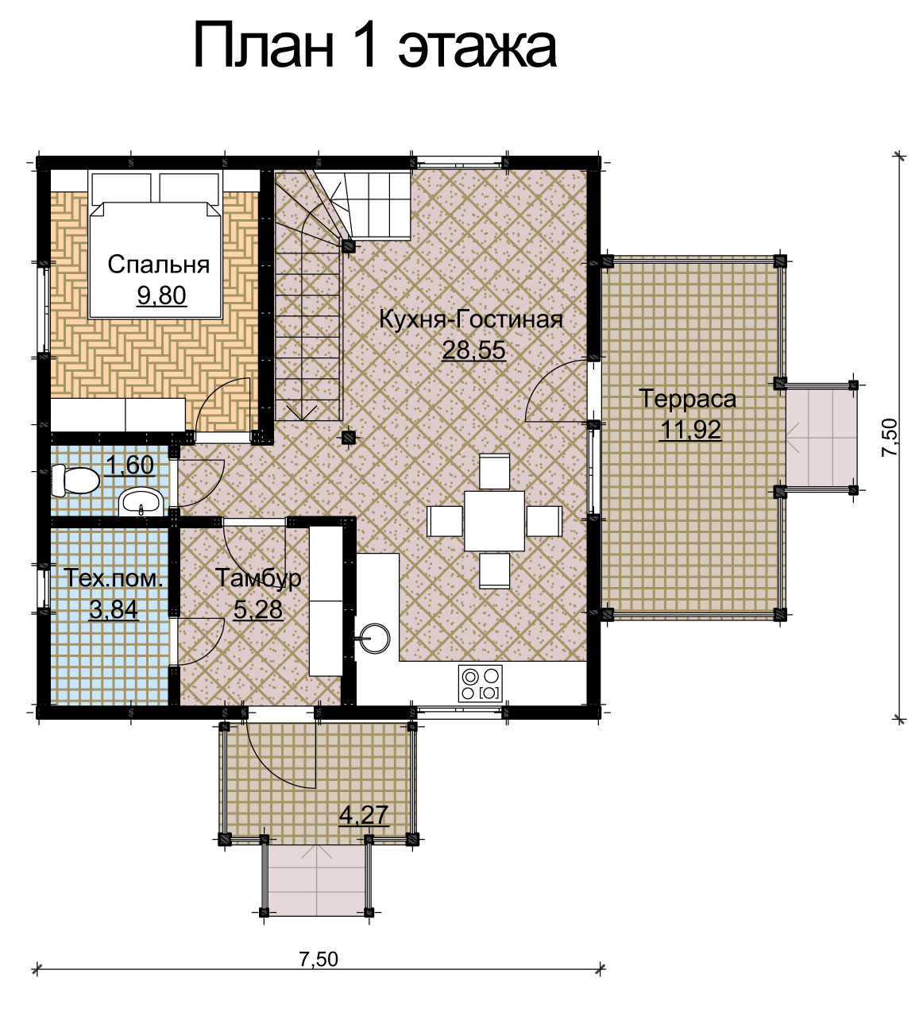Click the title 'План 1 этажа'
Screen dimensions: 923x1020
click(x=375, y=46)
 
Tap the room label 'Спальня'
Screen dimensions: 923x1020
click(x=159, y=265)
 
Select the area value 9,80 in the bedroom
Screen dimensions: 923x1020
click(x=162, y=296)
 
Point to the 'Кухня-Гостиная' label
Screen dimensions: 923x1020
click(x=471, y=319)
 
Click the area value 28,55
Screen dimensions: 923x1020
click(x=474, y=350)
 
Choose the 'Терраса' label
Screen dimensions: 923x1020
click(x=688, y=398)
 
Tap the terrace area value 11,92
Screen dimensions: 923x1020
click(x=690, y=430)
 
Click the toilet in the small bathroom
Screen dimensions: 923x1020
click(x=75, y=481)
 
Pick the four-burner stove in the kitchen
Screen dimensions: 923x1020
click(x=480, y=683)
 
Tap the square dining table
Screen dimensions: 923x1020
click(x=494, y=520)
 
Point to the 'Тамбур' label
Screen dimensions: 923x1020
click(x=258, y=578)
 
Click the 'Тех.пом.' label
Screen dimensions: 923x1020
click(x=114, y=578)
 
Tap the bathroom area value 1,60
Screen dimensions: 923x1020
click(x=129, y=465)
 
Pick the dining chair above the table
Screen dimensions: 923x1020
click(x=495, y=471)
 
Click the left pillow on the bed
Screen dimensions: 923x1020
click(x=121, y=187)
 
